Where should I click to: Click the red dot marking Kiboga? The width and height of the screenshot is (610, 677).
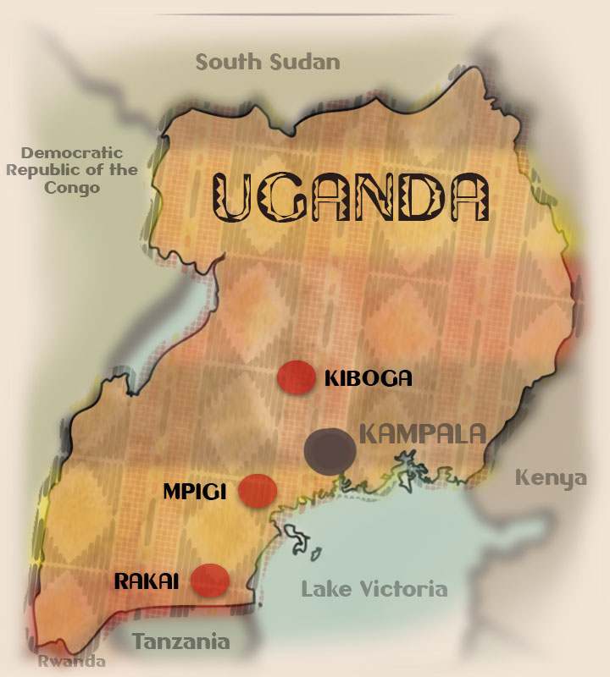(296, 377)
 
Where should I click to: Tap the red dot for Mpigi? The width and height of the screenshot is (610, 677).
(258, 490)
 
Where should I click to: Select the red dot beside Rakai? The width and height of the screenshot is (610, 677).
(210, 581)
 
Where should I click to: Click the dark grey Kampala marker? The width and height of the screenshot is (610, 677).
(330, 449)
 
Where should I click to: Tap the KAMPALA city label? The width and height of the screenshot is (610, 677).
(423, 435)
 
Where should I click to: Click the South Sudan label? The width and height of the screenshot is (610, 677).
(268, 62)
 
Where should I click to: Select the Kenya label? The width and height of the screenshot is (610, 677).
(551, 478)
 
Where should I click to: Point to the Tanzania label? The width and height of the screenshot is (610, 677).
(180, 641)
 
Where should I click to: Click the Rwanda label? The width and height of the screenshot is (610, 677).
(71, 662)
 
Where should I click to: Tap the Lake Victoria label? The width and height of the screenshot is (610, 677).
(374, 589)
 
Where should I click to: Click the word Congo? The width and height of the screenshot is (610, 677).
(72, 187)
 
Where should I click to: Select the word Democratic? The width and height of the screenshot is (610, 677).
(72, 153)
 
